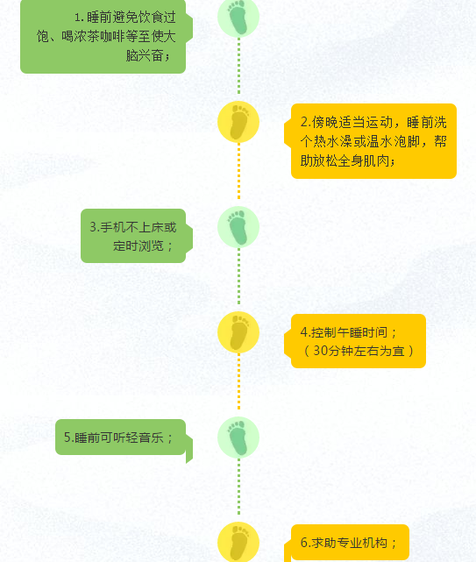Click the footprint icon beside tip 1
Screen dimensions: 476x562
pos(238,17)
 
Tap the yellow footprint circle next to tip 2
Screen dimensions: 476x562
pos(238,122)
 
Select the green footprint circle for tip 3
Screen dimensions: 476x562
pos(238,227)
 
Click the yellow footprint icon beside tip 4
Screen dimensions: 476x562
pos(238,332)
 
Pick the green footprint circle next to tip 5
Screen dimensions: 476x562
pos(238,438)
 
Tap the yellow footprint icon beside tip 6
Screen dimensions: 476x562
pos(238,542)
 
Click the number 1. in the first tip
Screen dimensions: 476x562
pos(79,18)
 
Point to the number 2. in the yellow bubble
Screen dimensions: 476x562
pos(305,122)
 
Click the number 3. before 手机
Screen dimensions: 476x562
pos(95,227)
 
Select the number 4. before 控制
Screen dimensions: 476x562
pos(305,332)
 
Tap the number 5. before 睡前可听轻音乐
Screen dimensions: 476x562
pos(69,438)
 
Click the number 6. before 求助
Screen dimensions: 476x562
pos(305,543)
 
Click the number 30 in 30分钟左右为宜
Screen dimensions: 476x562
pos(320,351)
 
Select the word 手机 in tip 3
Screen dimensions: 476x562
pos(112,227)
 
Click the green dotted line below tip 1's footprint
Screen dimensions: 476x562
pos(238,66)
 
